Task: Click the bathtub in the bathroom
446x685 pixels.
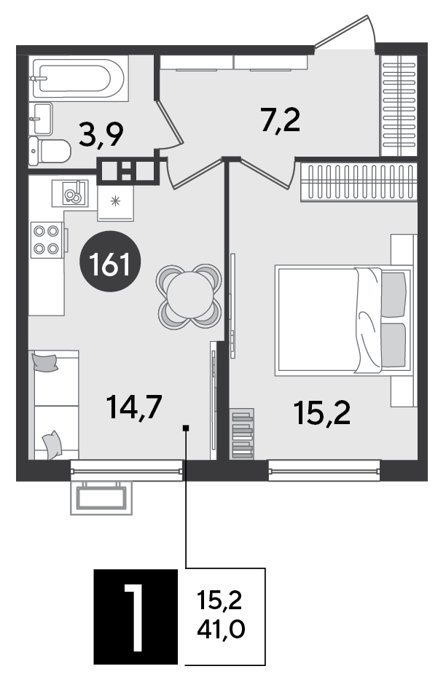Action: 79,79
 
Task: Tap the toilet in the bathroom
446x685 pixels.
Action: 50,151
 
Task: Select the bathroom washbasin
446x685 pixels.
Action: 41,119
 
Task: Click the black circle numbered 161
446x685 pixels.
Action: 110,262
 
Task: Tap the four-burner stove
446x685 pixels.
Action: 47,240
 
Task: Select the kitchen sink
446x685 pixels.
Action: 71,193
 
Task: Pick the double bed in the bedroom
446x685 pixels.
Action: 343,321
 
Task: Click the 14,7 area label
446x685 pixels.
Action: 135,407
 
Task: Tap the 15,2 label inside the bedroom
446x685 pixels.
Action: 322,413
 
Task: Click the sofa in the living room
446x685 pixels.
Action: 54,405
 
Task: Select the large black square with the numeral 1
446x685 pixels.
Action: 136,616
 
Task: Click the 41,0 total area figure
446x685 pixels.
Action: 221,630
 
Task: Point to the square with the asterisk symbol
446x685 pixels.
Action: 115,203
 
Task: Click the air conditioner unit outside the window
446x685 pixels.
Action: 101,498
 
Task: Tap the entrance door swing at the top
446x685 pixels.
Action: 345,34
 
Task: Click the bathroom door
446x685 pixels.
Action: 169,123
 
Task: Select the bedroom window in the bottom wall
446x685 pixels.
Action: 324,471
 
